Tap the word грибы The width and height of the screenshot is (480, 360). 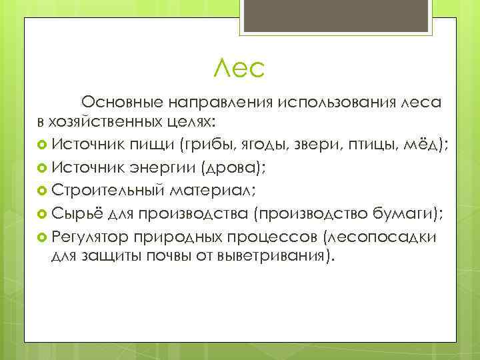(x=225, y=144)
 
